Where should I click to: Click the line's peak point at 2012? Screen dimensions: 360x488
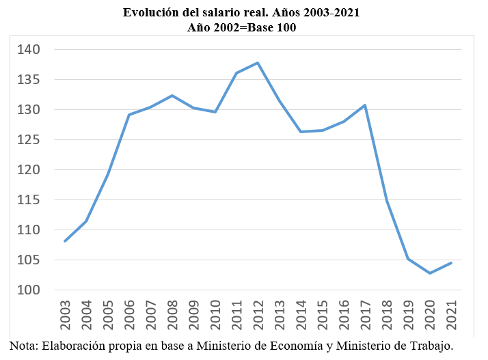pos(258,63)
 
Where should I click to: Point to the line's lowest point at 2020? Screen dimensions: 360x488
pos(430,273)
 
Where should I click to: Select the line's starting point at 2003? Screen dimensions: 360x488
pos(66,241)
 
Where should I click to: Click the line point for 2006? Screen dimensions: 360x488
pos(130,115)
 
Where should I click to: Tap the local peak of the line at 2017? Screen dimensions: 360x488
pos(366,105)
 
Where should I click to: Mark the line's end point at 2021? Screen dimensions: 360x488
pos(451,263)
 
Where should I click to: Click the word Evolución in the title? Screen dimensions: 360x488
pos(149,13)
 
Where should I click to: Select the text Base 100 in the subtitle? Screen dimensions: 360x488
pos(273,27)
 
